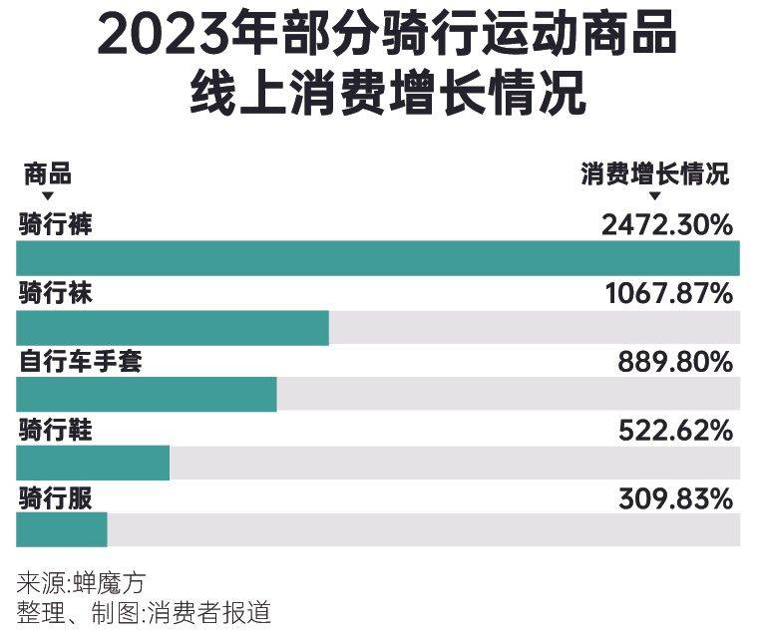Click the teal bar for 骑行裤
pyautogui.click(x=378, y=258)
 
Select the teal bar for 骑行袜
pyautogui.click(x=173, y=328)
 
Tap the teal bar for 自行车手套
pyautogui.click(x=147, y=395)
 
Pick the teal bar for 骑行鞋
pyautogui.click(x=93, y=464)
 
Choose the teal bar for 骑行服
pyautogui.click(x=62, y=530)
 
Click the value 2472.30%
pyautogui.click(x=667, y=225)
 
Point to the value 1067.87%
pyautogui.click(x=669, y=293)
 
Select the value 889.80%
pyautogui.click(x=675, y=362)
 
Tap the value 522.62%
pyautogui.click(x=675, y=431)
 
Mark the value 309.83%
pyautogui.click(x=675, y=498)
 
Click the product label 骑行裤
pyautogui.click(x=55, y=224)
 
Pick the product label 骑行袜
pyautogui.click(x=55, y=293)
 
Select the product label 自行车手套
pyautogui.click(x=81, y=362)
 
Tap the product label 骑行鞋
pyautogui.click(x=55, y=430)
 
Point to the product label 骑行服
pyautogui.click(x=55, y=498)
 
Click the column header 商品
pyautogui.click(x=48, y=173)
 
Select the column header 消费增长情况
pyautogui.click(x=654, y=173)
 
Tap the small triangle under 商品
pyautogui.click(x=48, y=196)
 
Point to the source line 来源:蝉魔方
pyautogui.click(x=81, y=583)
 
